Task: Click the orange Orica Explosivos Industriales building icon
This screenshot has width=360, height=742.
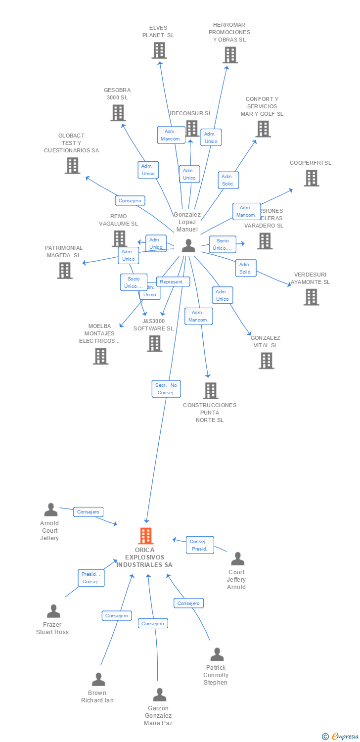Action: tap(145, 536)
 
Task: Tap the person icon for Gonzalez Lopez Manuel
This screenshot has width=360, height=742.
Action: tap(188, 246)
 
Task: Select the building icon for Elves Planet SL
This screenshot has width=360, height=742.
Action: tap(159, 50)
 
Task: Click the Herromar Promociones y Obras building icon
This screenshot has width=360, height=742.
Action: tap(230, 55)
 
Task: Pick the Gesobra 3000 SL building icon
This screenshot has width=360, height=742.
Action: tap(118, 113)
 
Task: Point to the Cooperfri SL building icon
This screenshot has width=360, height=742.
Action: tap(311, 178)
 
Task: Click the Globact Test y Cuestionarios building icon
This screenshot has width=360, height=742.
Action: tap(72, 166)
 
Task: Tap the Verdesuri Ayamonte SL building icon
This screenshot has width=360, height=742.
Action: tap(311, 297)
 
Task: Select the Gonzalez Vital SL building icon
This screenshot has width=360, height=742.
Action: tap(266, 361)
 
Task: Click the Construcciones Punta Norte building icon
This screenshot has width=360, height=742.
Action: tap(211, 391)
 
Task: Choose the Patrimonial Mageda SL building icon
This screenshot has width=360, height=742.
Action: tap(64, 271)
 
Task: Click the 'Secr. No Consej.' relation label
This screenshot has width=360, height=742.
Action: tap(166, 389)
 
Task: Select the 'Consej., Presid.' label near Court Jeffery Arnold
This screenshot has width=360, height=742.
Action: tap(200, 545)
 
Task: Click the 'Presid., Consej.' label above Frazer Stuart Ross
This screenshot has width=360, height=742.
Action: tap(91, 578)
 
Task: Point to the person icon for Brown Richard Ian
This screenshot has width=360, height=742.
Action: tap(98, 680)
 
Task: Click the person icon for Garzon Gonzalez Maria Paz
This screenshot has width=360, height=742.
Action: tap(159, 695)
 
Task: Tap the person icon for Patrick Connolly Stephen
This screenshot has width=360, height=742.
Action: tap(217, 654)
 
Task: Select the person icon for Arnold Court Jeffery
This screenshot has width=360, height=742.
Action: tap(50, 510)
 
